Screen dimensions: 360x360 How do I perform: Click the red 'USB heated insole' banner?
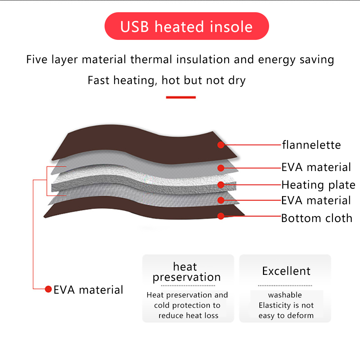coord(187,26)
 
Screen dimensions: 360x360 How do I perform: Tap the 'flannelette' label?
coord(311,145)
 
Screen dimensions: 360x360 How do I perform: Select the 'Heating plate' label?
coord(318,185)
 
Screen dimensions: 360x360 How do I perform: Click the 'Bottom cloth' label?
coord(317,218)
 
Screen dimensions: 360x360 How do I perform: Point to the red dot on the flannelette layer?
coord(221,145)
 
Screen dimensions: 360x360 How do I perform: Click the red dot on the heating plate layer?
coord(221,185)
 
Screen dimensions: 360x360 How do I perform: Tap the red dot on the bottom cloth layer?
coord(221,216)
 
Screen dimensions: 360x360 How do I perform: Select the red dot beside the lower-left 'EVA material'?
coord(48,289)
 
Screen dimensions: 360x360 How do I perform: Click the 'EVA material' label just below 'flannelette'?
coord(316,167)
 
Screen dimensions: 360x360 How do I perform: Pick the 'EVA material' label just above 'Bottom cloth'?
coord(316,200)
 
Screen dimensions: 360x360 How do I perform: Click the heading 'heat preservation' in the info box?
coord(186,272)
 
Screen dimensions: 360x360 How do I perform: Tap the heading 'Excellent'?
coord(286,271)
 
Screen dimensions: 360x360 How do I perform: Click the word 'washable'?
coord(285,295)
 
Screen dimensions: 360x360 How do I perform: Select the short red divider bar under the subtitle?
coord(181,97)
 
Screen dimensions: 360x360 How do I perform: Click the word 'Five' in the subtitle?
coord(37,60)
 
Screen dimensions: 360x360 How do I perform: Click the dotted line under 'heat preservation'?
coord(188,286)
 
